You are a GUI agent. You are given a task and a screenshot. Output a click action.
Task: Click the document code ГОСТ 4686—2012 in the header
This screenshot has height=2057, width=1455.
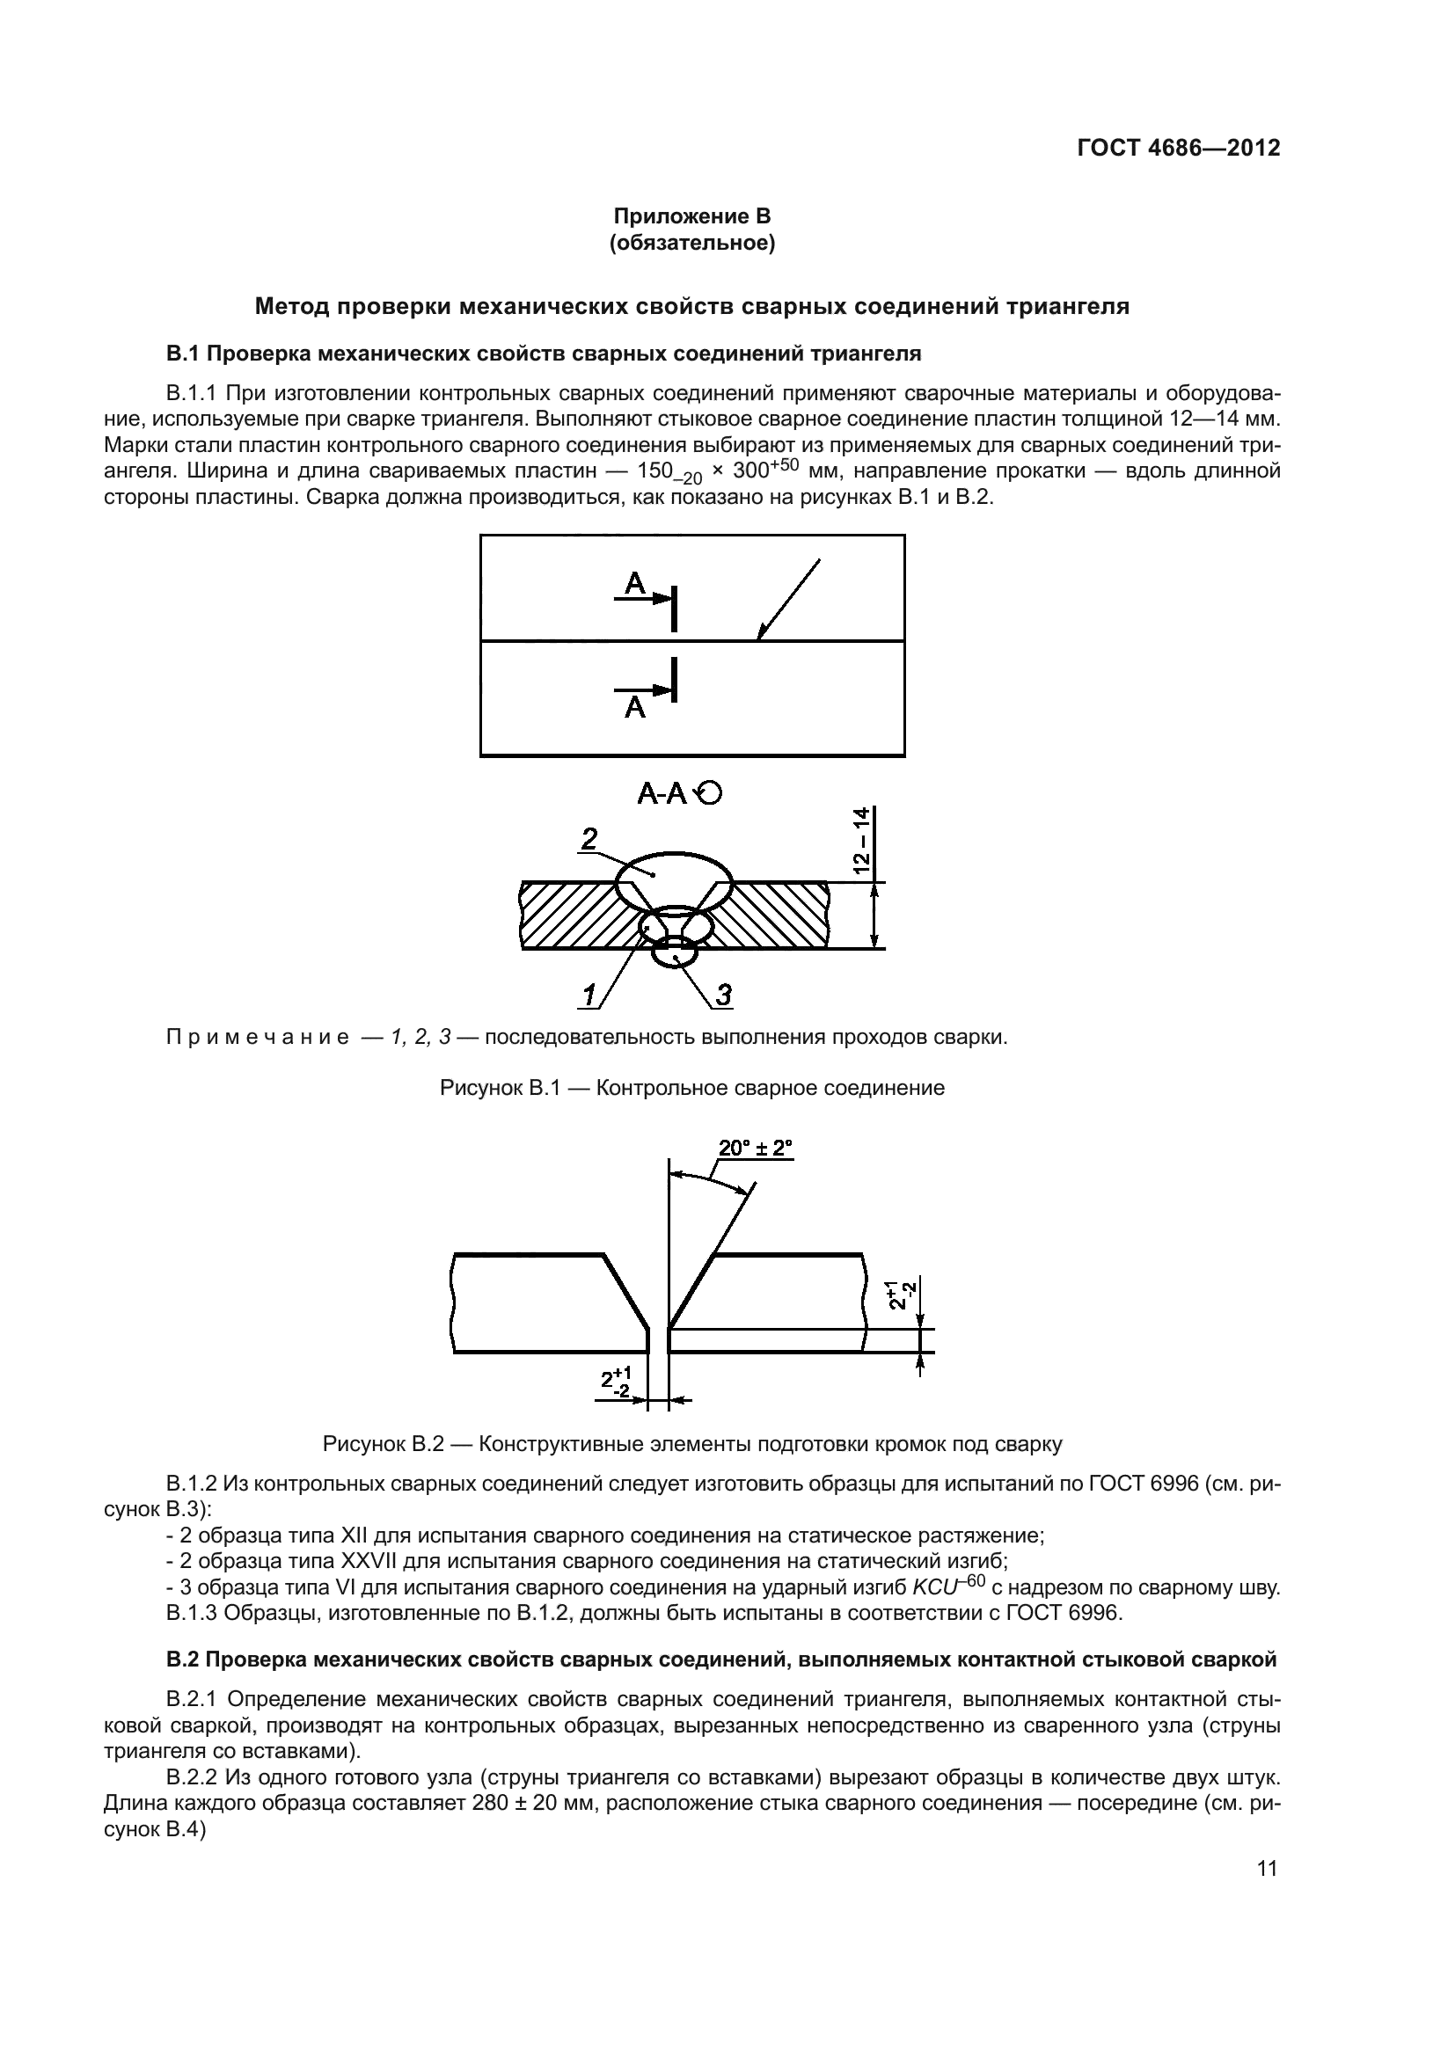coord(1178,148)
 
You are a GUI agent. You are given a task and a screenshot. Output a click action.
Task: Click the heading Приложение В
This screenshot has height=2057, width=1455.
coord(691,216)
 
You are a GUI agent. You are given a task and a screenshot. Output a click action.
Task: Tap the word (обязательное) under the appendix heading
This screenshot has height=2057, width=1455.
coord(691,243)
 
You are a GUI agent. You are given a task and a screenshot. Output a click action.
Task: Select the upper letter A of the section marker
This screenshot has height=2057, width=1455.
coord(634,584)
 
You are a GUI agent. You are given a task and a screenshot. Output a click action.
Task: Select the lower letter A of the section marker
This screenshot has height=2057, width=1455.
coord(634,708)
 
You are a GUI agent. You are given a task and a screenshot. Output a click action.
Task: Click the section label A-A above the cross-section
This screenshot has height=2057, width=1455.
coord(662,793)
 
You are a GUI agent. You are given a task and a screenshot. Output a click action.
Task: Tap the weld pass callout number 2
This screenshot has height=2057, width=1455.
coord(589,839)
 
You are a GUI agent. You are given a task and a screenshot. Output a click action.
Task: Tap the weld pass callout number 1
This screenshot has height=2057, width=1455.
coord(589,995)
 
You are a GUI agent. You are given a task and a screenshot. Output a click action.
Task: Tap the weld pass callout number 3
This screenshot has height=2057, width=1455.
coord(723,995)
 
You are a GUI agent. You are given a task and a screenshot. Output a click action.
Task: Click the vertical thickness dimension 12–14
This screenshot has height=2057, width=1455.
coord(861,840)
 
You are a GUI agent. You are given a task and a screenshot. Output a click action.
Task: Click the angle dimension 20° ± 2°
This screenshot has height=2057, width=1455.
coord(756,1149)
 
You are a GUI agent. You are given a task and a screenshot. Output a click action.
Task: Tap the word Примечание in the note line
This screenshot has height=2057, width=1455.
coord(258,1038)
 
